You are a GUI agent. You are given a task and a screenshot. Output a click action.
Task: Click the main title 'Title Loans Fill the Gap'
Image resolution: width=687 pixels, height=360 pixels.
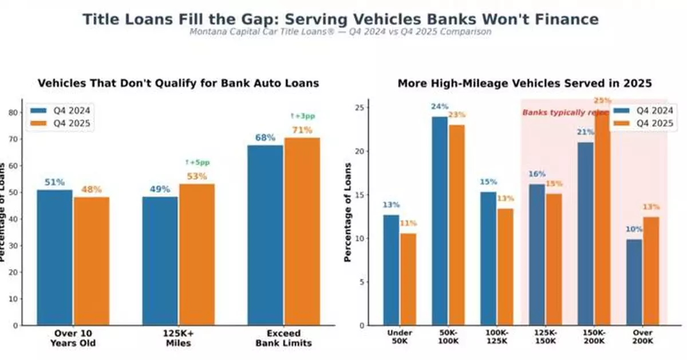341,19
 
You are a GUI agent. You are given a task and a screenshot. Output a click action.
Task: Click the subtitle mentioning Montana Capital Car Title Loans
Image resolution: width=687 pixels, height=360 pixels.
340,32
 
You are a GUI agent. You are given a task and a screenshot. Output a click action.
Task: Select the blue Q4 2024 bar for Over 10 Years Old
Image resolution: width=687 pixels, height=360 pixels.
55,258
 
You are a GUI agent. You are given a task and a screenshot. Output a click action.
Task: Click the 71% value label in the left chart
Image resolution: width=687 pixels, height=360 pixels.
302,130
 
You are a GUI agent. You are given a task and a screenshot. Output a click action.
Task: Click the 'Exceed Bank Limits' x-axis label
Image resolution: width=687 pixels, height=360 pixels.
285,338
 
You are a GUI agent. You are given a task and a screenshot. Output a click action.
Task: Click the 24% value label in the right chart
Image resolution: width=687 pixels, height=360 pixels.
439,106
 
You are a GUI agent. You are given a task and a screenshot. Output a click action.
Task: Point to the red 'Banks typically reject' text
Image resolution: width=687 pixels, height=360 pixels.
558,113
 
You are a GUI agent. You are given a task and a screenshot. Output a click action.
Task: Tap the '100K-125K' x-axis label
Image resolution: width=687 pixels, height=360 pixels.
496,337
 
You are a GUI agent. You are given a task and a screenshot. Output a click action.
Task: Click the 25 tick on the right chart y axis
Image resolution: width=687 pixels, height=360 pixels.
357,108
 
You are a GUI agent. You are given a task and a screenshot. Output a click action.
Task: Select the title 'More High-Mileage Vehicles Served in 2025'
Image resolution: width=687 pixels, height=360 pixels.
524,84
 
